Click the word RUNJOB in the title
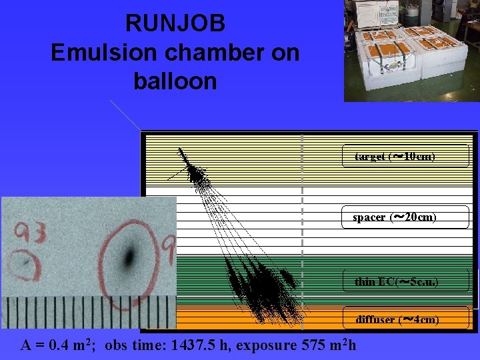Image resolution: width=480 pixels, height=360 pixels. (175, 24)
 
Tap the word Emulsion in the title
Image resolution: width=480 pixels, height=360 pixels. (97, 53)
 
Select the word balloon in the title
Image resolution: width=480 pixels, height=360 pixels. (175, 81)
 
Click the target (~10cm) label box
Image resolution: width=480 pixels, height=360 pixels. (405, 156)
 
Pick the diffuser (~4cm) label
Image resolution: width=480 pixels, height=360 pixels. (405, 319)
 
